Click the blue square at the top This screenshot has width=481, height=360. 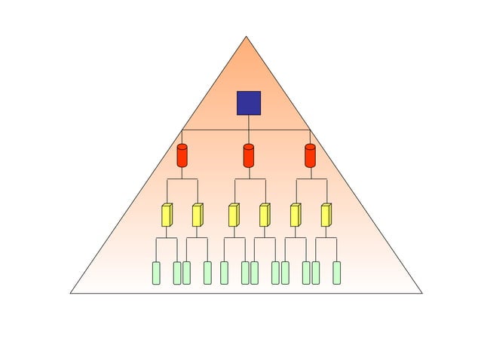(249, 103)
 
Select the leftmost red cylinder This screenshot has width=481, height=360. (182, 155)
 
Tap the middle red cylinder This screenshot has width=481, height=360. (249, 155)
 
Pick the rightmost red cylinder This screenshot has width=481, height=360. (310, 155)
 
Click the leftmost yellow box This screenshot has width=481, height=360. (167, 215)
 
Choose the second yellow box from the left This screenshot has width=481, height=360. (197, 215)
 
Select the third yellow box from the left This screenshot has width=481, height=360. (234, 215)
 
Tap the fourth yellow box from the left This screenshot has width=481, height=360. (264, 215)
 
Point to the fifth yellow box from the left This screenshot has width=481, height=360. (295, 215)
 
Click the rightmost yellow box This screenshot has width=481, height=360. (326, 215)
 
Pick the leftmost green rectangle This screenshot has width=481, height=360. (156, 273)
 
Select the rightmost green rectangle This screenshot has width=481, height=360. (336, 273)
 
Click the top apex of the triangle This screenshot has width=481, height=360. (247, 36)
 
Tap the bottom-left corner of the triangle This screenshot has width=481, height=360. (71, 292)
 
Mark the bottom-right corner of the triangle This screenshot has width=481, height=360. (421, 292)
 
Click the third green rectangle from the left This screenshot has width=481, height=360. (186, 273)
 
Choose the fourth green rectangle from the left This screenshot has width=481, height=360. (207, 273)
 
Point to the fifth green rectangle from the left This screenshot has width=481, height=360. (224, 273)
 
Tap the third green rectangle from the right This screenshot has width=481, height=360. (306, 273)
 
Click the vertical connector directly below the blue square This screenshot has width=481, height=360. (249, 122)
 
